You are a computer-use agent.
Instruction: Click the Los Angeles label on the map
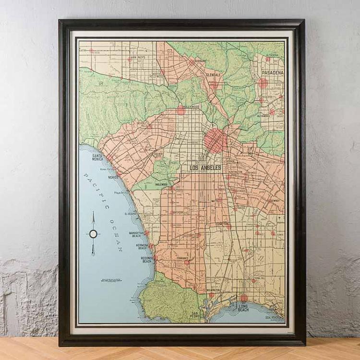[205, 168]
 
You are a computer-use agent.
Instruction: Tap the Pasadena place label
[272, 73]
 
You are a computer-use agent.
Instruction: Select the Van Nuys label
[138, 58]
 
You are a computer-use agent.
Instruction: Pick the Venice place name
[113, 177]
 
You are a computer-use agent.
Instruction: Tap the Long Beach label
[243, 308]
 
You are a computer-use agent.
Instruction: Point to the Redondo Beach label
[146, 260]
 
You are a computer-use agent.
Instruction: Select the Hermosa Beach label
[142, 247]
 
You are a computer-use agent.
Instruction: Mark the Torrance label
[182, 258]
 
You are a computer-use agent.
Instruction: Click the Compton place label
[221, 224]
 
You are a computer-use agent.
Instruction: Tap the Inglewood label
[161, 184]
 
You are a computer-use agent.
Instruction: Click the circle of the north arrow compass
[93, 234]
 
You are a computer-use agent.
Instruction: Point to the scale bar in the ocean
[111, 280]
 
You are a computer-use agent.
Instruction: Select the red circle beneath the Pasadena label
[263, 83]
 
